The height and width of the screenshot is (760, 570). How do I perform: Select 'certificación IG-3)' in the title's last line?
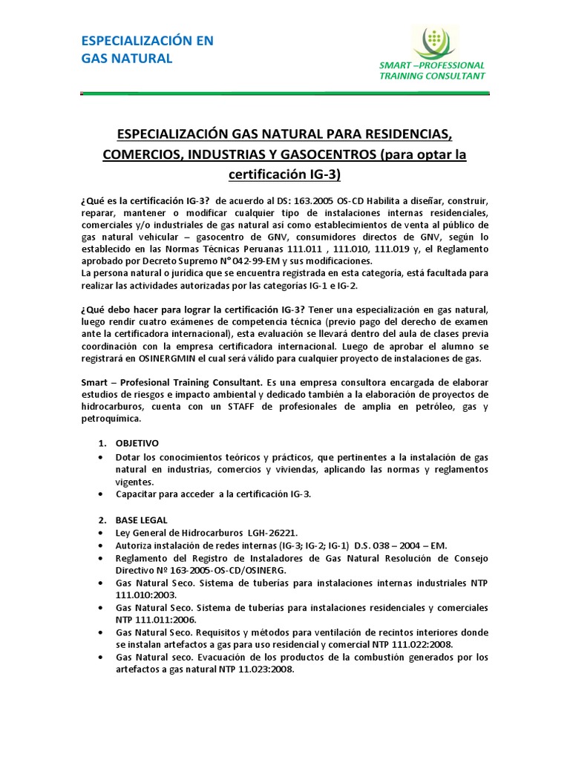[285, 174]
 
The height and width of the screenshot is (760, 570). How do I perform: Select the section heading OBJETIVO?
[136, 442]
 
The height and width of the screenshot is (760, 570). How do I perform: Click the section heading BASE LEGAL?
[141, 520]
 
